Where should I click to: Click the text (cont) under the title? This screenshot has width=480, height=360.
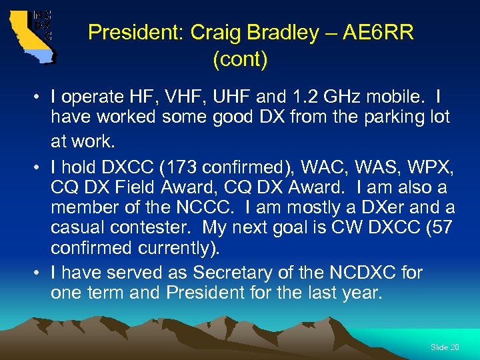click(x=240, y=60)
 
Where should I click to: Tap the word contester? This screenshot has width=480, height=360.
click(x=150, y=227)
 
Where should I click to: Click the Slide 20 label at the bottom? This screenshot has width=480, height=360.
click(x=445, y=347)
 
